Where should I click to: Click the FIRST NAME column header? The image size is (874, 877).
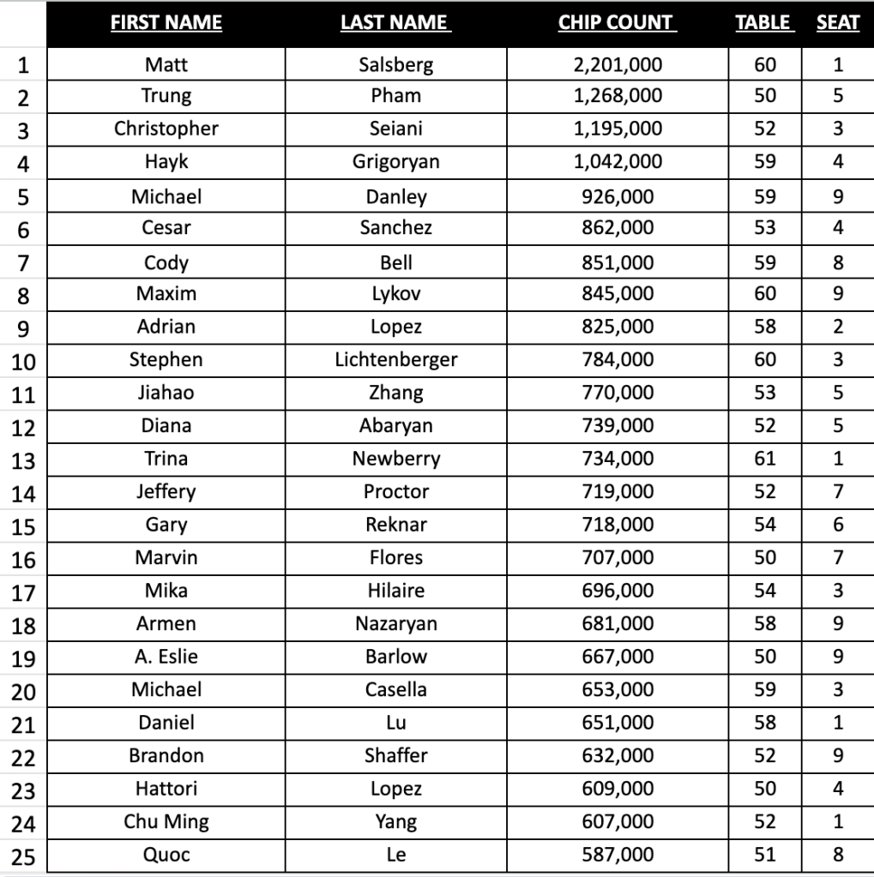click(166, 23)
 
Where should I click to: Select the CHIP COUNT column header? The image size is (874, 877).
click(617, 23)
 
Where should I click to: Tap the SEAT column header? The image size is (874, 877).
click(837, 23)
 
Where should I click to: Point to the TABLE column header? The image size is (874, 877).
click(763, 23)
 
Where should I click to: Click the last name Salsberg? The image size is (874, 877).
click(395, 63)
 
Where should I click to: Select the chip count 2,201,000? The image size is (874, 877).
click(618, 63)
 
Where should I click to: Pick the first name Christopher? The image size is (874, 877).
click(166, 129)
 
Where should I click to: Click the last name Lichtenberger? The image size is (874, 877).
click(395, 359)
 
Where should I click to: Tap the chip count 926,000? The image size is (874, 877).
click(618, 196)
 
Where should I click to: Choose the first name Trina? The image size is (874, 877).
click(166, 459)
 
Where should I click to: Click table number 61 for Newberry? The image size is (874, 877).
click(765, 459)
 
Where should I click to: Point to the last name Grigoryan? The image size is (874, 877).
click(395, 161)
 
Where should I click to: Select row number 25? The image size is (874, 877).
click(23, 856)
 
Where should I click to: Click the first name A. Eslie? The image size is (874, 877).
click(166, 657)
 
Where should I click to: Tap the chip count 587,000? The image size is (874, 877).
click(618, 855)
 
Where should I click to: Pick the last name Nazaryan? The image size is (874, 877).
click(395, 623)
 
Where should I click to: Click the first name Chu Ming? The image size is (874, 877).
click(166, 821)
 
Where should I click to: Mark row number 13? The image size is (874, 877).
click(23, 460)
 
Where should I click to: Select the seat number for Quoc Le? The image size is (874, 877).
click(838, 855)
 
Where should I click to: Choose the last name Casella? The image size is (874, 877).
click(395, 689)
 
